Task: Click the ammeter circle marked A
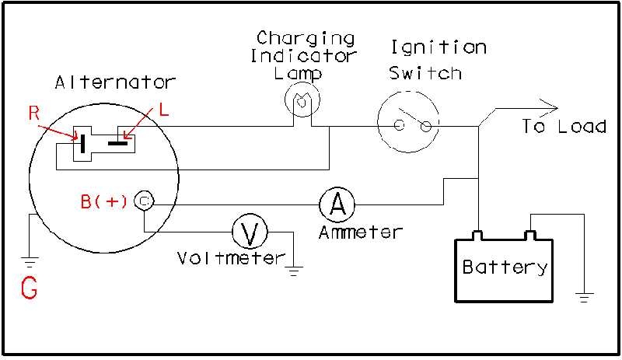click(x=337, y=204)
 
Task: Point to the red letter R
click(x=33, y=113)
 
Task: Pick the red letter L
click(x=163, y=110)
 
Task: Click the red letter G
click(x=29, y=288)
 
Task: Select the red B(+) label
click(x=104, y=201)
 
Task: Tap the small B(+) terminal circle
click(x=144, y=201)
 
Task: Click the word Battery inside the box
click(x=505, y=267)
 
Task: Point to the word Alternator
click(x=115, y=82)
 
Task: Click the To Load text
click(x=564, y=126)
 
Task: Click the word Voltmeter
click(x=231, y=258)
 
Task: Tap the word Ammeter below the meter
click(x=361, y=232)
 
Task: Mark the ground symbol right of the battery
click(x=583, y=296)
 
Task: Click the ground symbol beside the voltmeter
click(x=294, y=271)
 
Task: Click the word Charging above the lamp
click(x=306, y=38)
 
